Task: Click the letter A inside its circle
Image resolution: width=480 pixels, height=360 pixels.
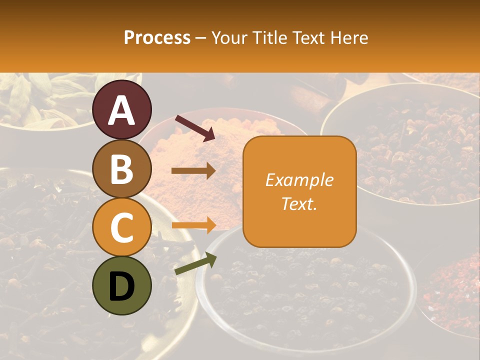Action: pos(122,110)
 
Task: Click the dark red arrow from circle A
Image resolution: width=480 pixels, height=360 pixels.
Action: pos(194,128)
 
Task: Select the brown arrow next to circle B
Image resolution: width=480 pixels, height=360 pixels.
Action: pos(193,171)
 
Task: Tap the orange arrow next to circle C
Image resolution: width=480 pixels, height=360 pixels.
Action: pos(193,225)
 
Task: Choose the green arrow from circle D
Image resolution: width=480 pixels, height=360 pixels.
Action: pos(195,264)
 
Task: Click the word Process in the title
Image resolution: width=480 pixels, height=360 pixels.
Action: pos(157,38)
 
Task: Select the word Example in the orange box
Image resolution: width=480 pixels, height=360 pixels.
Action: pos(299,180)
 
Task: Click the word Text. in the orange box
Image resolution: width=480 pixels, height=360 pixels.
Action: pos(299,203)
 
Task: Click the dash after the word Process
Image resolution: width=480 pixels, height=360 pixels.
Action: pos(201,38)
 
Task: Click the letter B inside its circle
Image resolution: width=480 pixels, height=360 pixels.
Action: pos(122,169)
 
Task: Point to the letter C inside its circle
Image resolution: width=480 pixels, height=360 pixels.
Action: pos(122,228)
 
